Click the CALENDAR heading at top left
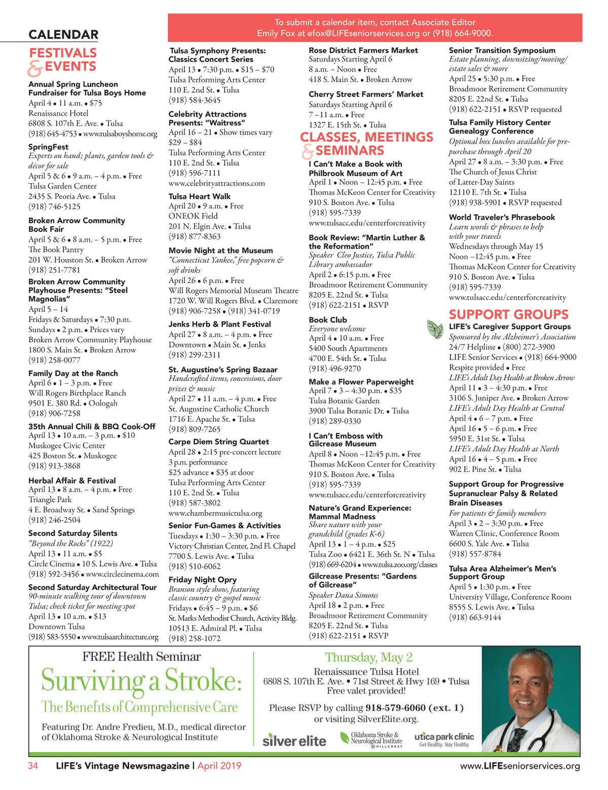(x=63, y=34)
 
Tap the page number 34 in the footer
(x=33, y=766)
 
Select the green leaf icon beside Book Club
(x=435, y=329)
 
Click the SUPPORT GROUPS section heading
(x=508, y=314)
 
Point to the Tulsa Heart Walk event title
(x=199, y=196)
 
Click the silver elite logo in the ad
(x=294, y=740)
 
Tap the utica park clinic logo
(x=444, y=739)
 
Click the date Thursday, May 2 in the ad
(x=368, y=658)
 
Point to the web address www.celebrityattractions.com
(x=216, y=183)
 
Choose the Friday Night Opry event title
(x=202, y=580)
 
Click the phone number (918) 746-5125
(x=54, y=206)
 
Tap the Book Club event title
(x=328, y=320)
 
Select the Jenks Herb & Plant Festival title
(x=219, y=324)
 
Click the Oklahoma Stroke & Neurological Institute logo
(x=375, y=739)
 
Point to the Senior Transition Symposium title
(x=502, y=50)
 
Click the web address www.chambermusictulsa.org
(x=215, y=513)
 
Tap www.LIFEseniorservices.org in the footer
(x=519, y=766)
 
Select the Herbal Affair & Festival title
(x=72, y=480)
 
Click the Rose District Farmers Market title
(x=363, y=50)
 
